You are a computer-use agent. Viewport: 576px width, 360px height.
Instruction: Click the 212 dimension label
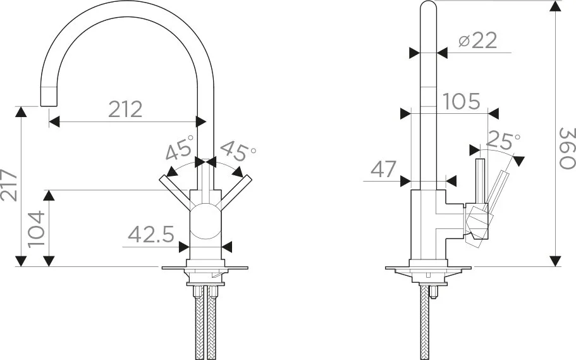[x=126, y=109]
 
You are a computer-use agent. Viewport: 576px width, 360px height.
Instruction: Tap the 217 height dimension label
[x=9, y=185]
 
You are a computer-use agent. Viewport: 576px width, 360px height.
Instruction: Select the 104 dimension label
[x=37, y=229]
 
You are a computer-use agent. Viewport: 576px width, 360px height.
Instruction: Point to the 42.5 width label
[x=151, y=234]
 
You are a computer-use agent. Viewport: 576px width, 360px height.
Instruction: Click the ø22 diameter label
[x=477, y=40]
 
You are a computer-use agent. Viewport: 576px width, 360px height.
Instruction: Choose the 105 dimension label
[x=462, y=101]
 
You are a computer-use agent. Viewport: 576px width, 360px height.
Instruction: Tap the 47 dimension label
[x=384, y=169]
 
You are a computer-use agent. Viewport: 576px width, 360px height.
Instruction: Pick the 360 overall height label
[x=567, y=148]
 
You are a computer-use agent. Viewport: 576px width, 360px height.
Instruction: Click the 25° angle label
[x=503, y=140]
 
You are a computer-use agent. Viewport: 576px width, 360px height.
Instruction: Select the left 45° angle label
[x=180, y=148]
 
